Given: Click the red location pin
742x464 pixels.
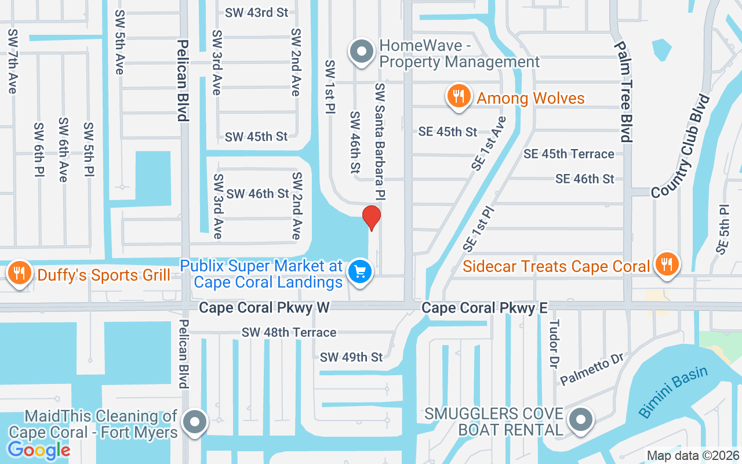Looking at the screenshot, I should pos(372,217).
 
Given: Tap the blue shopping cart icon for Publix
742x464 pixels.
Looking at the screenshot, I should pos(360,271).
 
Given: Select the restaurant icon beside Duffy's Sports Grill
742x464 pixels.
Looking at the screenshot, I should pos(20,272).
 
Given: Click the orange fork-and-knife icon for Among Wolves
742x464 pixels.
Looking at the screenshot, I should pos(459,96).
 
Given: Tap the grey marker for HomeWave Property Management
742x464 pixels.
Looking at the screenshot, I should pos(362,51).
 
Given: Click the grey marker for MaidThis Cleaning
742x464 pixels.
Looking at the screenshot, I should pos(195,422).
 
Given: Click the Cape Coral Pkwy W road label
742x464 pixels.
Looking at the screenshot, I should pos(264,307).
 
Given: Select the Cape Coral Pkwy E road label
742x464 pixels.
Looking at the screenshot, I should pos(485,307).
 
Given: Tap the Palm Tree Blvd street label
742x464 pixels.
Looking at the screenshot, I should pos(624,92).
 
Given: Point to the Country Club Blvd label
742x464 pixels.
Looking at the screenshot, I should pos(679,146).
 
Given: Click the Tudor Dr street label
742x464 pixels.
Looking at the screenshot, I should pos(554,343).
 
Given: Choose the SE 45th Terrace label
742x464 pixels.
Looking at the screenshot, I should pos(569,154).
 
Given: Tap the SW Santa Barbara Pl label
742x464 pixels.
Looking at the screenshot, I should pos(380,139).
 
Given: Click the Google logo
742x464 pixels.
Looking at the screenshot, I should pos(39,449).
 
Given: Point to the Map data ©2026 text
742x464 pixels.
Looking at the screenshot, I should pos(693,456).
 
